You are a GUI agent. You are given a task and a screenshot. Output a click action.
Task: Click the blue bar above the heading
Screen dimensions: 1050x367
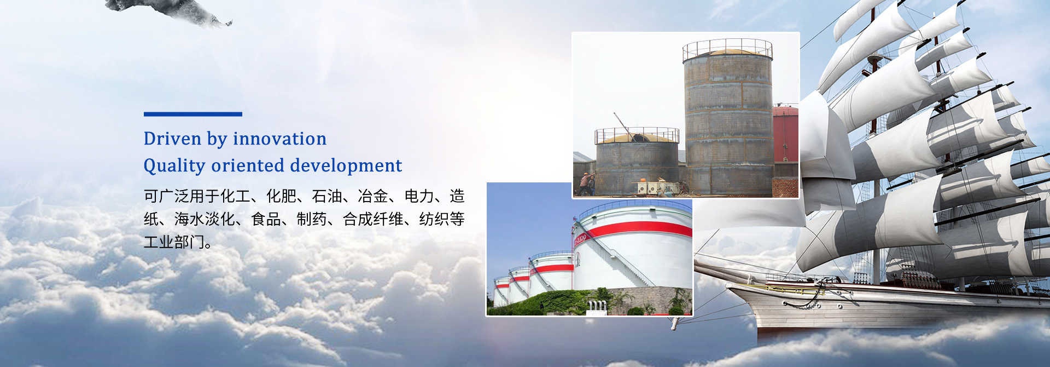193,114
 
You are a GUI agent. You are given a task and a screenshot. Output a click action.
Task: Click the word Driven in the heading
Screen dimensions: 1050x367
172,139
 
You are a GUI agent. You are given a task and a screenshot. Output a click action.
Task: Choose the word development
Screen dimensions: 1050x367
346,165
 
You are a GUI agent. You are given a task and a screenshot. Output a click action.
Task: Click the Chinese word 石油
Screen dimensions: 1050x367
327,196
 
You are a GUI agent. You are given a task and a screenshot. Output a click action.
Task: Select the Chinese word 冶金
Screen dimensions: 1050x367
373,196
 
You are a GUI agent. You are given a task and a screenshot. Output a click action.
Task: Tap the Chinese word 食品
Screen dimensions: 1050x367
266,219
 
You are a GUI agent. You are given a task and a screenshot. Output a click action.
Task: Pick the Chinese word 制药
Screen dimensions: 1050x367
312,219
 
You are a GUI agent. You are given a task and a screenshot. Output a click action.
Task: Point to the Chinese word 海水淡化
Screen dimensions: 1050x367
205,219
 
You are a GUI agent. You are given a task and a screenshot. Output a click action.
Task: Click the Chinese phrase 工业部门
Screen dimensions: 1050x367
174,242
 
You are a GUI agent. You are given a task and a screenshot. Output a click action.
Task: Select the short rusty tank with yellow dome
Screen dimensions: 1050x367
637,162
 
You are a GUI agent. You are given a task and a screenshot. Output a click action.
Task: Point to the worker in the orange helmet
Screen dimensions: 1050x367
586,184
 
